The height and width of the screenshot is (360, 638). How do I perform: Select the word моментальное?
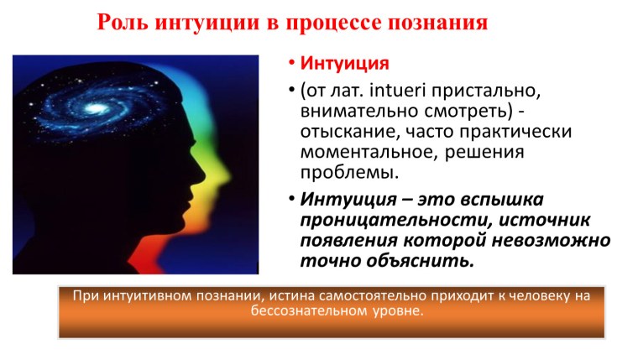355,153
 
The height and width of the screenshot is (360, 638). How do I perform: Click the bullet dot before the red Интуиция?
287,65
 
